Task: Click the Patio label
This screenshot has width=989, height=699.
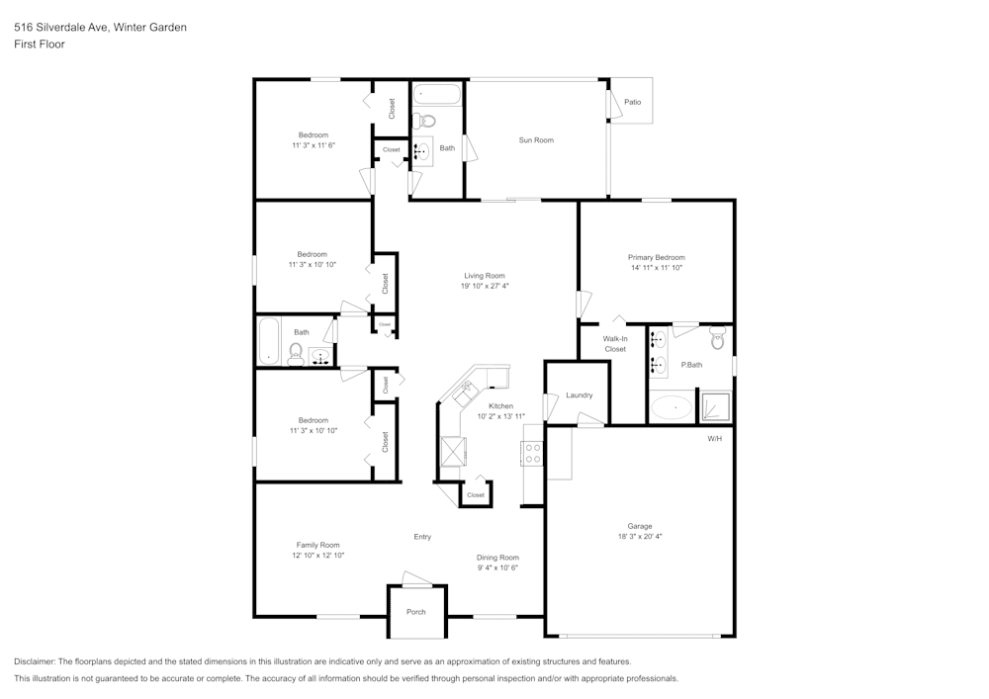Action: click(632, 102)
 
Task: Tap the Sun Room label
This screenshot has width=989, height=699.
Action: click(536, 140)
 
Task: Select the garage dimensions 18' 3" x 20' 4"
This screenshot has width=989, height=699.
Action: click(639, 537)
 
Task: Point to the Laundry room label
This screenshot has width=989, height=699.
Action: click(580, 395)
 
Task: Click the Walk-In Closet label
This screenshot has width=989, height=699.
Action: click(615, 344)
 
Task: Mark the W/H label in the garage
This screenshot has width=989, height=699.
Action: click(714, 438)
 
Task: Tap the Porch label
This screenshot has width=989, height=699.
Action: click(416, 612)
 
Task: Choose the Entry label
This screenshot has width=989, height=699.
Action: click(422, 537)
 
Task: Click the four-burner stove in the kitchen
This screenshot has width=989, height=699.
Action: click(532, 454)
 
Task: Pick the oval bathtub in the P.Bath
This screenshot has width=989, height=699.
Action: click(672, 407)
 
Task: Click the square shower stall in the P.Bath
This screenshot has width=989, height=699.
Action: click(716, 407)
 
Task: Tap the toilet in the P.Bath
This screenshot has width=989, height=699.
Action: click(718, 339)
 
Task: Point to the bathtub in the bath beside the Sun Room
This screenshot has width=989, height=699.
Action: click(436, 95)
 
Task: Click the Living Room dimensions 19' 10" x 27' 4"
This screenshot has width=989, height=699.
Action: click(485, 287)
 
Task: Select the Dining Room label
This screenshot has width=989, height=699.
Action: click(497, 558)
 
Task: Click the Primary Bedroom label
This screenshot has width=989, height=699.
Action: click(656, 257)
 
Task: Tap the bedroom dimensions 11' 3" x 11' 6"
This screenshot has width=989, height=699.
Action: click(314, 145)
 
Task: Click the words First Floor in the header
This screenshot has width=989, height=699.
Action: click(40, 44)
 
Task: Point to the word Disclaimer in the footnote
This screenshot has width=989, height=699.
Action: click(36, 661)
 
